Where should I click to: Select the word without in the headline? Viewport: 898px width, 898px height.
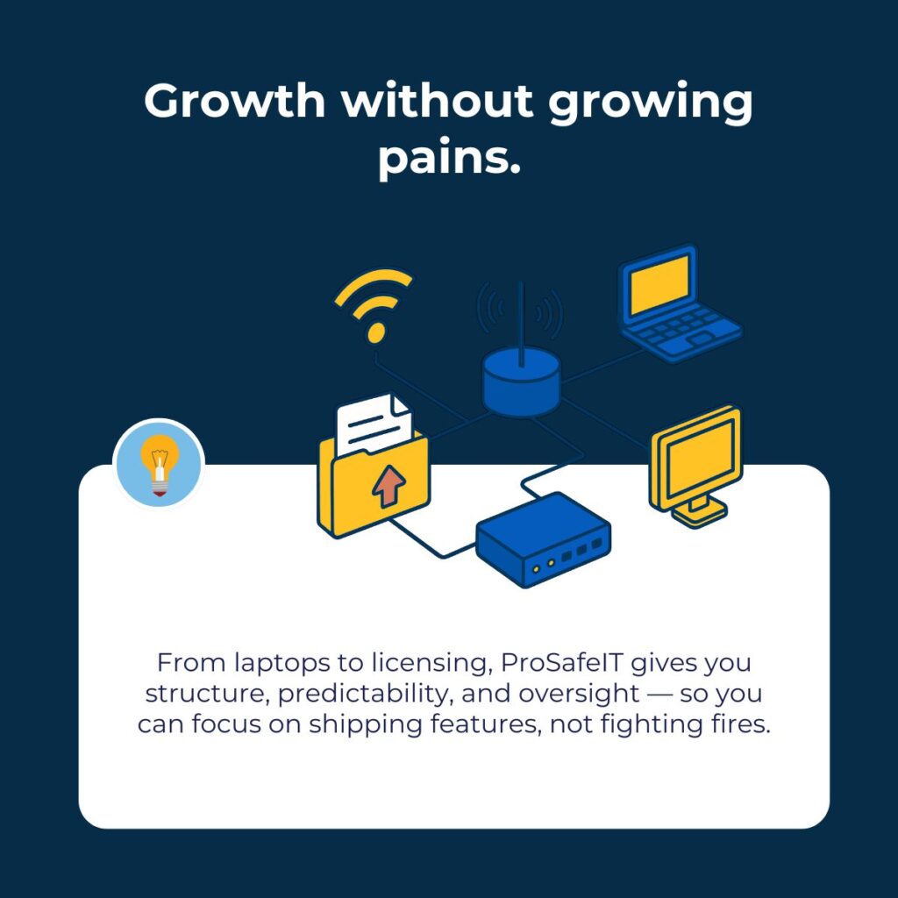437,103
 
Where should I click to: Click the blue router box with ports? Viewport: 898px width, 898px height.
543,540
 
